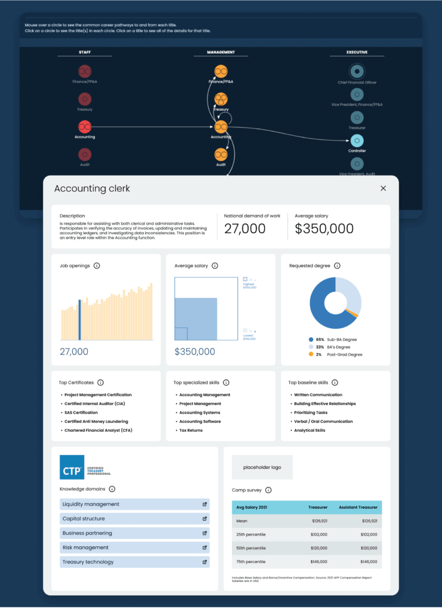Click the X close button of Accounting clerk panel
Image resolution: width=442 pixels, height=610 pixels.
[383, 188]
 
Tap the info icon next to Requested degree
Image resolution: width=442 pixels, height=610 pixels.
[337, 266]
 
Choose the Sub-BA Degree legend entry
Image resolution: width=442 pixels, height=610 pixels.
[336, 340]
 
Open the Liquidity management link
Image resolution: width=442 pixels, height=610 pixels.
[91, 504]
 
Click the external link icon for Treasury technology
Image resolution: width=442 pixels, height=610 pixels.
[205, 562]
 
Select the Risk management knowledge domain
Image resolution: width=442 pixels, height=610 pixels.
[85, 547]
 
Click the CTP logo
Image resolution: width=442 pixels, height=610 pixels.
[72, 468]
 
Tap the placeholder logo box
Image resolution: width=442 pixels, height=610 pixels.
[262, 468]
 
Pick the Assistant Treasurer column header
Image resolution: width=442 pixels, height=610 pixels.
[358, 508]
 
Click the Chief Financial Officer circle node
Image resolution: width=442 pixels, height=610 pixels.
[357, 71]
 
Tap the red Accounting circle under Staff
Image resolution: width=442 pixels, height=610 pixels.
[85, 126]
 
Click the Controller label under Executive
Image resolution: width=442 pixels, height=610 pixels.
[357, 151]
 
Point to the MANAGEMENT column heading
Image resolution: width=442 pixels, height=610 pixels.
[221, 52]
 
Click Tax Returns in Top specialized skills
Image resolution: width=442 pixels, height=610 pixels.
[191, 430]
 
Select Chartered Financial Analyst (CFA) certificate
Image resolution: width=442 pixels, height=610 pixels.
[98, 430]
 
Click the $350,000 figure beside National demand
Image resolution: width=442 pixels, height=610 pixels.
[324, 229]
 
